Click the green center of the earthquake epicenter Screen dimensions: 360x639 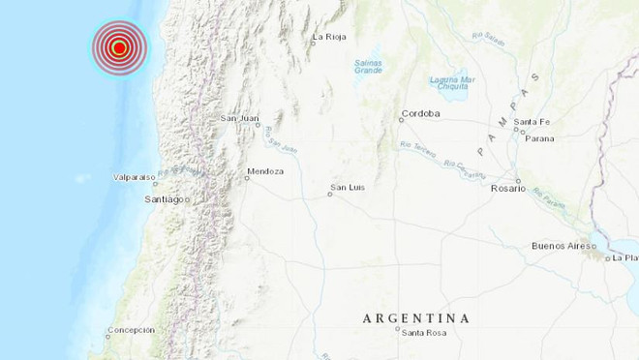118,46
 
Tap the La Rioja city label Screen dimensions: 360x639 329,38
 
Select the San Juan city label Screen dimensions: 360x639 240,119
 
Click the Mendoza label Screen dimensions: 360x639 265,171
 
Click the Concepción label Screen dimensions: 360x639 131,330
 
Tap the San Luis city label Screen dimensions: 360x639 347,186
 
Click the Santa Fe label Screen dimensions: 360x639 532,121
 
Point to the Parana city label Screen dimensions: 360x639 540,138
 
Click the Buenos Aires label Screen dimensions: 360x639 563,246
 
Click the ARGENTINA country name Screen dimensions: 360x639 416,317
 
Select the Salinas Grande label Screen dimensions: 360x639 368,66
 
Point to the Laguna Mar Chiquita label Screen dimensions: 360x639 452,82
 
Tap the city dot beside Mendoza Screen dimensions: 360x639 246,177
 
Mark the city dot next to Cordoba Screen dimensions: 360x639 401,120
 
